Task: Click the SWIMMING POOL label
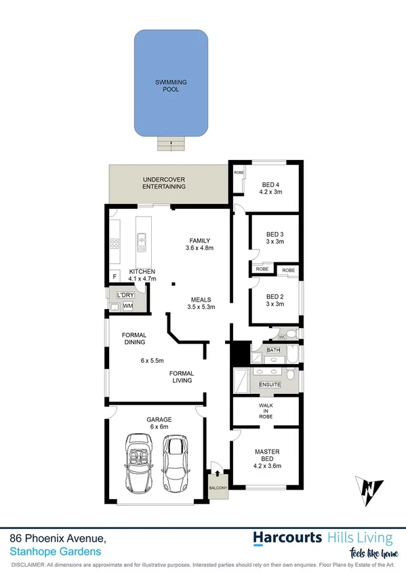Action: point(171,85)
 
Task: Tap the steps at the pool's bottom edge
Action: point(171,143)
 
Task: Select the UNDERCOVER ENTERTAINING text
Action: point(164,183)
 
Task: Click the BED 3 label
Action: point(274,238)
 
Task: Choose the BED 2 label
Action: point(274,300)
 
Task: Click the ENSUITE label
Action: point(270,385)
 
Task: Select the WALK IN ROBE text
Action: point(266,411)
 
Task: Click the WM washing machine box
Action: point(127,306)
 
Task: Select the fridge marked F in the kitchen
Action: point(115,277)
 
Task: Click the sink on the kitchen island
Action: point(142,239)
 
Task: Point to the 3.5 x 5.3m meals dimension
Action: point(201,307)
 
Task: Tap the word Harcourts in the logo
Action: point(287,538)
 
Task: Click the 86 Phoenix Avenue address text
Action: point(58,538)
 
